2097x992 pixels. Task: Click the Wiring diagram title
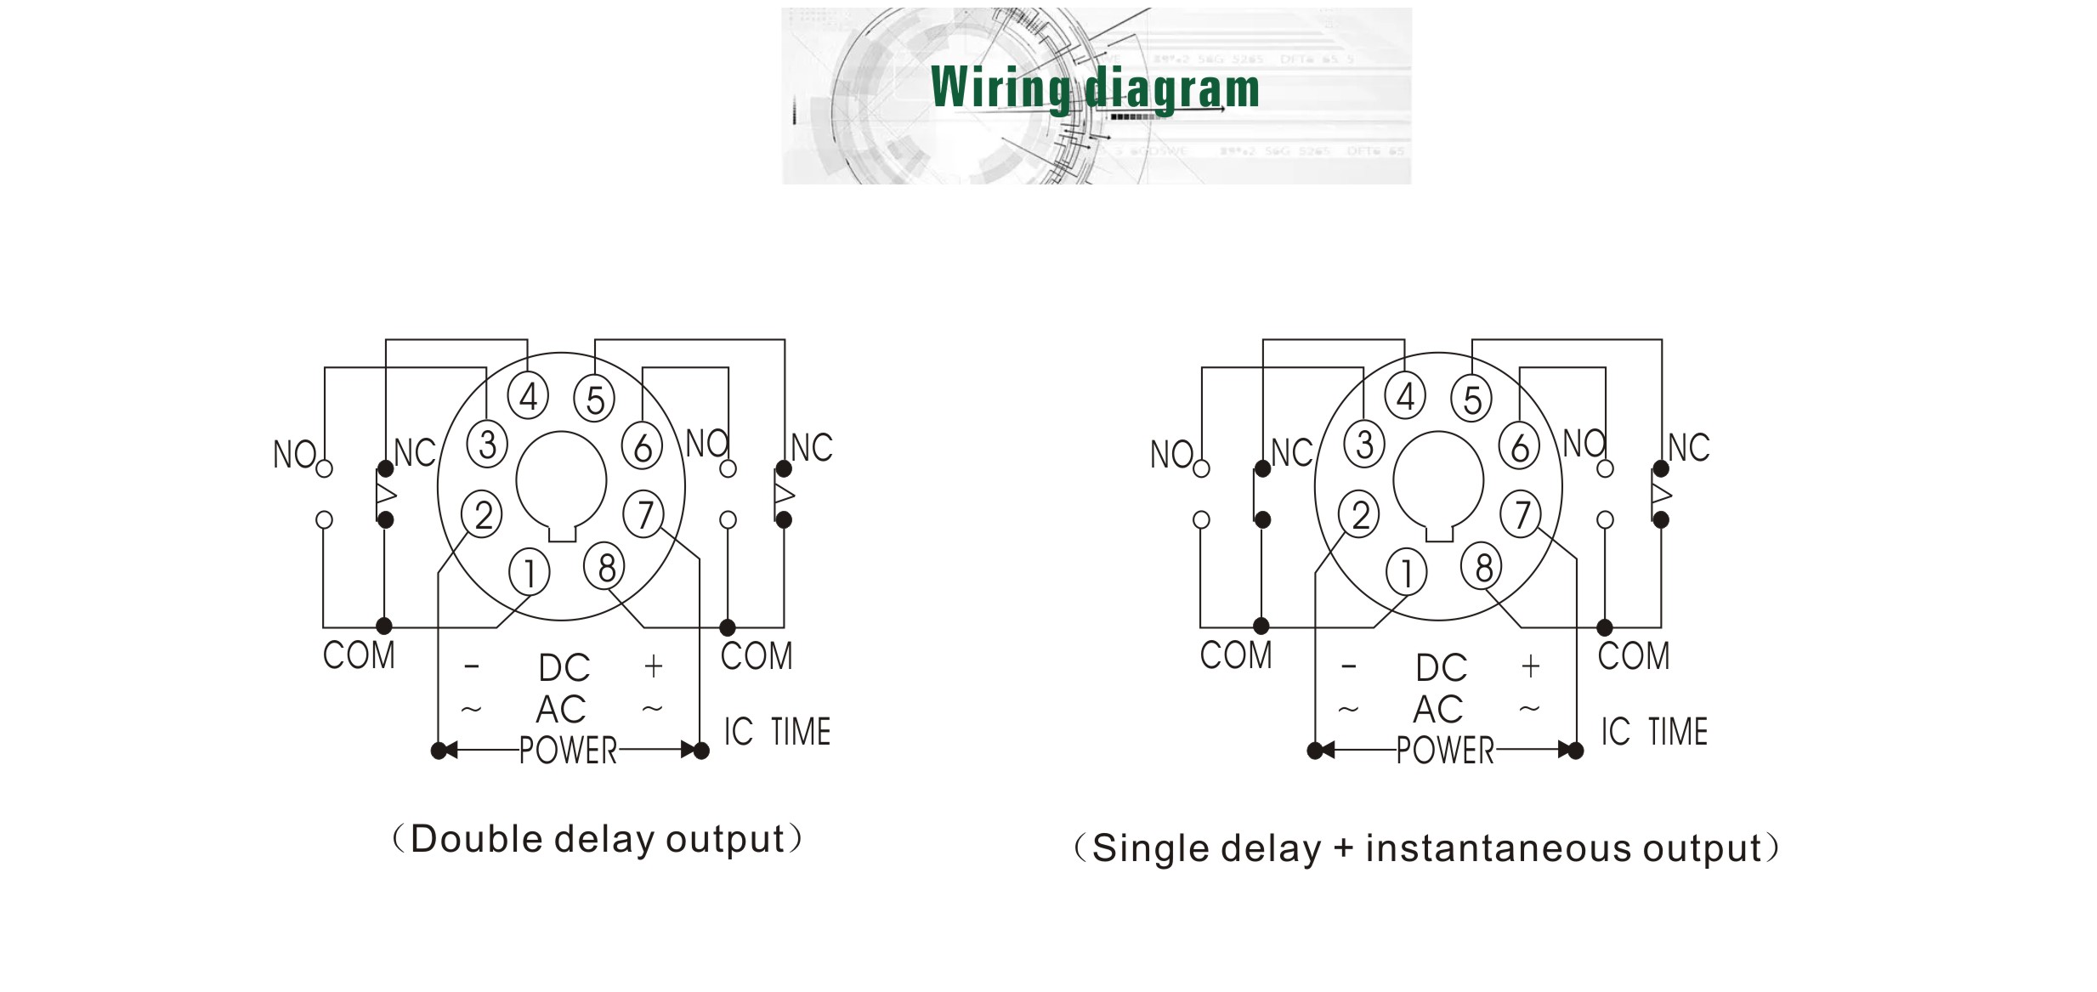click(x=1095, y=88)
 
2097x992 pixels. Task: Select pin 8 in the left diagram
click(x=604, y=567)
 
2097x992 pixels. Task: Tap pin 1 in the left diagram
click(x=529, y=573)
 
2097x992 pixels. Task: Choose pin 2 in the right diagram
click(x=1359, y=515)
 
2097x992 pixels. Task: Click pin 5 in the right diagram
click(x=1471, y=400)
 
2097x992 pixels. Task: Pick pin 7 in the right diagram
click(x=1521, y=514)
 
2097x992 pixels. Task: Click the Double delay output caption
click(x=597, y=839)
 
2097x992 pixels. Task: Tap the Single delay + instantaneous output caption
click(x=1426, y=848)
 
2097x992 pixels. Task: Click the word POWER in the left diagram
click(x=568, y=751)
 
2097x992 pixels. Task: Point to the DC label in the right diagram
click(x=1441, y=668)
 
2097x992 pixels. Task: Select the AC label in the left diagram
click(x=561, y=709)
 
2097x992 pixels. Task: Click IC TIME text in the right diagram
click(x=1653, y=732)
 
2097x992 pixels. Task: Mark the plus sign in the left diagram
click(x=653, y=666)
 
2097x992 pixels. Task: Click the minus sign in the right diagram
click(x=1348, y=666)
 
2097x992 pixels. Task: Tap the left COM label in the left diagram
click(x=359, y=655)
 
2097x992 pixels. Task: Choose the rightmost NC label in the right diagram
click(x=1688, y=448)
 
